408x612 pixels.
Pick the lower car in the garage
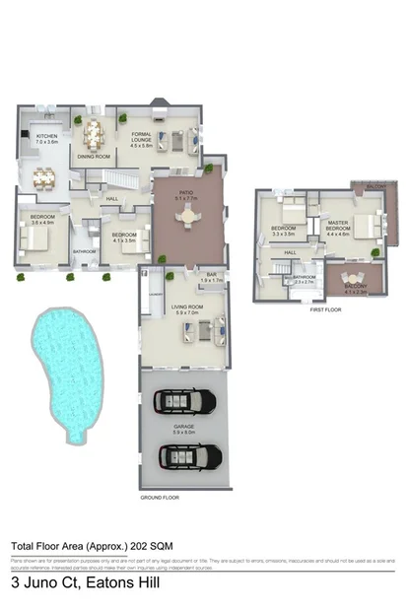point(185,457)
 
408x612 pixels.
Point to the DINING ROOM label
point(94,156)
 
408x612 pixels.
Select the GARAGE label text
point(185,428)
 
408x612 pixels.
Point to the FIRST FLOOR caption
point(325,308)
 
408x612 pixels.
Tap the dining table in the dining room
point(94,134)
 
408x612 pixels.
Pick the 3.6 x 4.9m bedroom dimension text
point(42,223)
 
